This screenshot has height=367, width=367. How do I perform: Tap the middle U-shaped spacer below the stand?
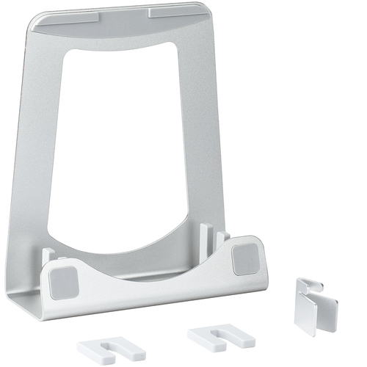click(219, 338)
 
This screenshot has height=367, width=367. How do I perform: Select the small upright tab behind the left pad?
click(48, 255)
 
